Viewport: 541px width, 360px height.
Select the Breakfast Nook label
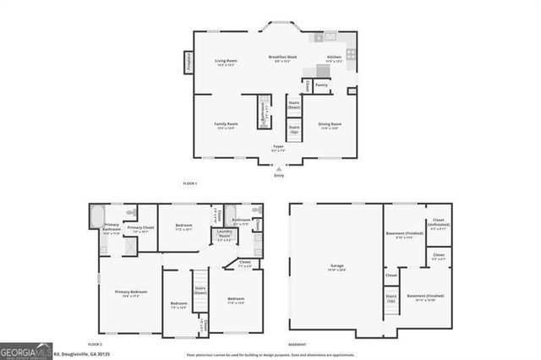[x=282, y=58]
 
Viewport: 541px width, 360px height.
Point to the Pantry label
[x=321, y=85]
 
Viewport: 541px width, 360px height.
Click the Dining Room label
[x=330, y=127]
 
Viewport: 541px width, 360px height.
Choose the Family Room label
[x=226, y=125]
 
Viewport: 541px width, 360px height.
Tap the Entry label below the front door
[x=278, y=175]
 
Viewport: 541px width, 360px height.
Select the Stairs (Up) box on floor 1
[x=294, y=130]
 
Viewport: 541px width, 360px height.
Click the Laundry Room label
[x=224, y=233]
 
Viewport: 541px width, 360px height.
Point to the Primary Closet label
[x=140, y=229]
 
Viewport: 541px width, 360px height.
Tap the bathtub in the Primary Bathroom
[x=97, y=215]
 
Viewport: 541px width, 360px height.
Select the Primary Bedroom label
[x=130, y=293]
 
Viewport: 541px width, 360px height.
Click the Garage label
[x=336, y=266]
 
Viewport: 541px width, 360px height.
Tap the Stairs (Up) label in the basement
[x=391, y=297]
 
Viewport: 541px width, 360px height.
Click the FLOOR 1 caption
[x=190, y=183]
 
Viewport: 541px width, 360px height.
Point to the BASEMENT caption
[x=297, y=345]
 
